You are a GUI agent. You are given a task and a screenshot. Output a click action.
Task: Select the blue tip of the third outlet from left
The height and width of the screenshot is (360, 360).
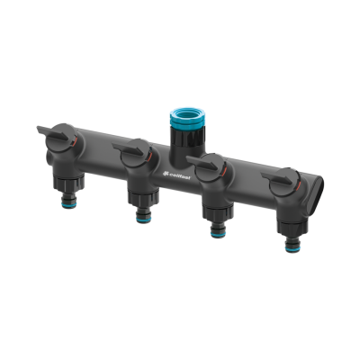(x=216, y=229)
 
